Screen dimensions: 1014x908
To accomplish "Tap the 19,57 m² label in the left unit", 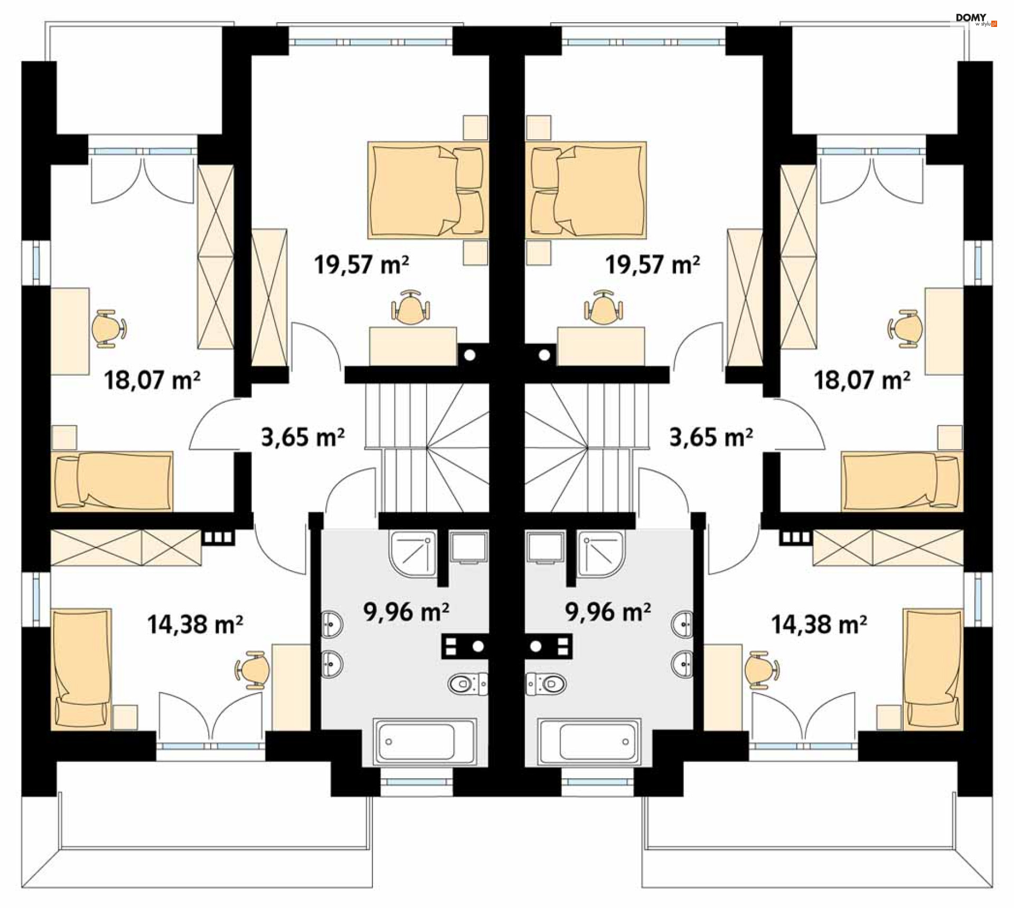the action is (361, 264).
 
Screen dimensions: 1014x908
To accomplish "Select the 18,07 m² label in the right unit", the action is (862, 380).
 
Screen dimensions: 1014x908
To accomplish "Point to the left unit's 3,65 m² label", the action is (303, 438).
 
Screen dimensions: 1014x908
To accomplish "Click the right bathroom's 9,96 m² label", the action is (608, 612).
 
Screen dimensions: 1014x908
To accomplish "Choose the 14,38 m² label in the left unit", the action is (195, 625).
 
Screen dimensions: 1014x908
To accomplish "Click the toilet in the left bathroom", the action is (468, 684).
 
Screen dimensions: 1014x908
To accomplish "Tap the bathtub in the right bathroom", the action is (589, 742).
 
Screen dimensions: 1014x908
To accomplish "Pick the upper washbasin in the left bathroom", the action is (332, 625).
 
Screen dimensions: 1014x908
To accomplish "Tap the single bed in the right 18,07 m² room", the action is (902, 481).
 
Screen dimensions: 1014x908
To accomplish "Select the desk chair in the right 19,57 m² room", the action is (603, 307).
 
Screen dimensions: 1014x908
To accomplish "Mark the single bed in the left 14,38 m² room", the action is (81, 669).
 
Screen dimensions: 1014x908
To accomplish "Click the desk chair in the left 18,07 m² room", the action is (109, 328).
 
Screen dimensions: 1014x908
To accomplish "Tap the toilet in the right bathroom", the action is (546, 684).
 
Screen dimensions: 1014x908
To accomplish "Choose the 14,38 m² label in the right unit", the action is (819, 625).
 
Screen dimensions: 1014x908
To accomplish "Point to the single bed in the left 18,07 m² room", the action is (112, 481).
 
